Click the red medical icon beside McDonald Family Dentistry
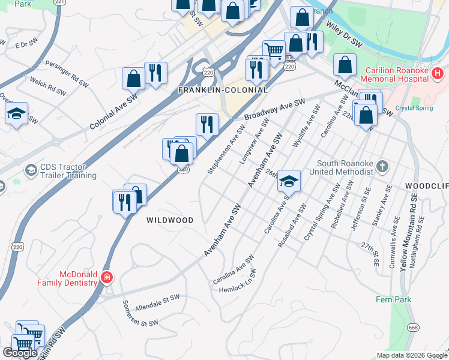point(107,277)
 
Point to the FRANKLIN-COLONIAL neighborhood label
point(223,90)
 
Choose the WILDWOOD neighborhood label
point(170,220)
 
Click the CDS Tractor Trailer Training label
point(68,171)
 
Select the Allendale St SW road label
point(157,302)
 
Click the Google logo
point(20,352)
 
